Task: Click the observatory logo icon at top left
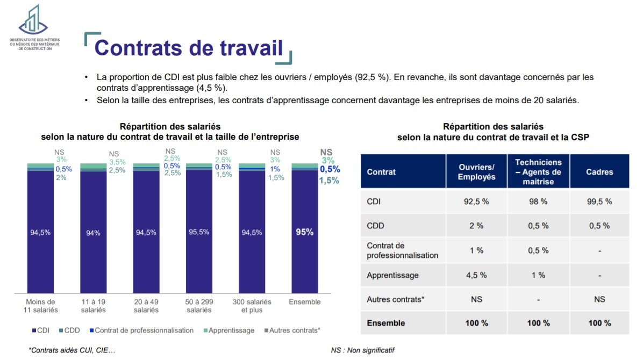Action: [33, 19]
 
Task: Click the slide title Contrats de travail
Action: [188, 48]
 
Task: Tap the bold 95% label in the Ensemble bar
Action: [305, 233]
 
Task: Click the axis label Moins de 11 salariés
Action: [41, 306]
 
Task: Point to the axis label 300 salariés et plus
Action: [252, 306]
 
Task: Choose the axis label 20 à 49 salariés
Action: [146, 306]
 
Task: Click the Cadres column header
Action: [599, 172]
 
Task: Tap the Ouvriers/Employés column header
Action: [476, 172]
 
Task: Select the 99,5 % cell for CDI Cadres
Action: [599, 201]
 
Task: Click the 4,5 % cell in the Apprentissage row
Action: [476, 275]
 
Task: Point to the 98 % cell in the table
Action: [538, 201]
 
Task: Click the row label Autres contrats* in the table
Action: [396, 299]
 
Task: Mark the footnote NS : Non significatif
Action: [363, 350]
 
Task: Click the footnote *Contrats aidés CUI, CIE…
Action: [72, 350]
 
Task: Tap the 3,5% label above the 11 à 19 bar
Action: [117, 162]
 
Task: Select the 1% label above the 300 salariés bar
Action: [275, 169]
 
